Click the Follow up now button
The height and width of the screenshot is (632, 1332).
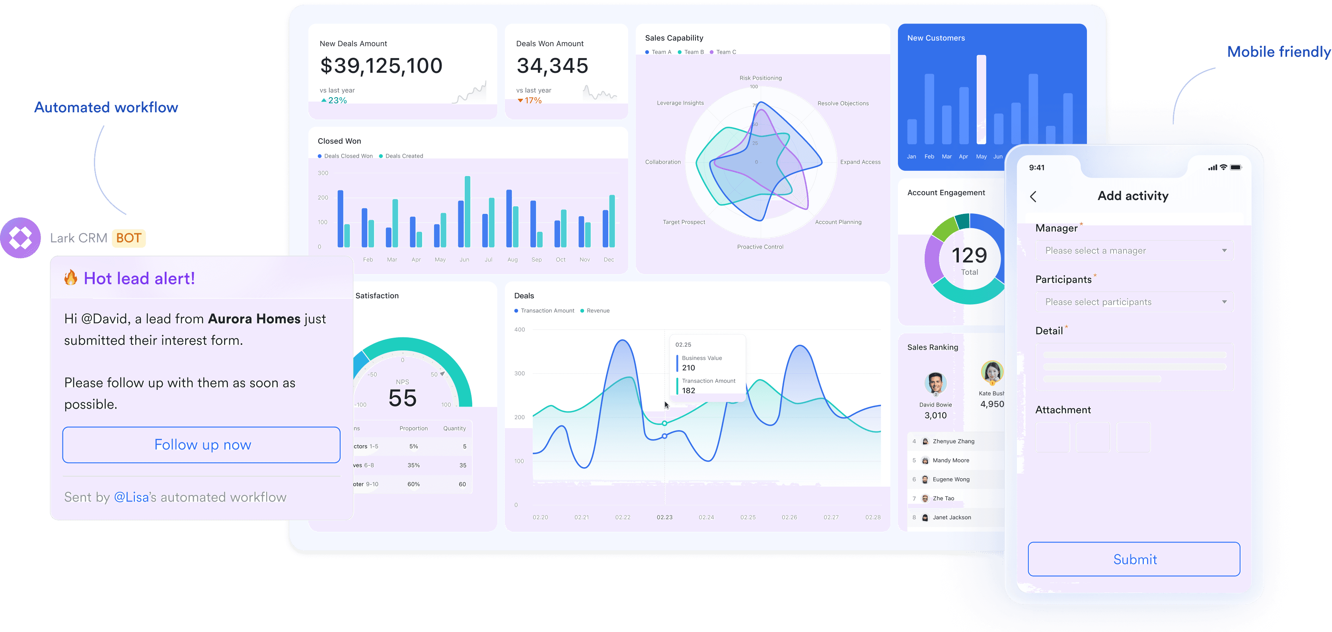pos(202,444)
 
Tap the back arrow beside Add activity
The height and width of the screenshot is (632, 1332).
pos(1033,197)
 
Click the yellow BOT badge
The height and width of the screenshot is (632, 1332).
pos(129,238)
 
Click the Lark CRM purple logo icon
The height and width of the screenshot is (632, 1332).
pos(21,238)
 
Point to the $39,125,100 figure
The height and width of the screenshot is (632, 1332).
pos(381,66)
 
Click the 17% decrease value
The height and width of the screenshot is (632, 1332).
pos(533,100)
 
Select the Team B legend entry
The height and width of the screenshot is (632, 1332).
pos(691,52)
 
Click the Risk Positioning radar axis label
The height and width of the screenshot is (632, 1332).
pos(760,78)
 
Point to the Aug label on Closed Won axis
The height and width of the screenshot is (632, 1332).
pos(512,260)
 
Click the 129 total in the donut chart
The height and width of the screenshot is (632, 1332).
pos(969,256)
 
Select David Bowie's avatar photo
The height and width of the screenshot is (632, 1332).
pos(935,384)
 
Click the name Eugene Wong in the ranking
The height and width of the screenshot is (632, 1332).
pos(950,479)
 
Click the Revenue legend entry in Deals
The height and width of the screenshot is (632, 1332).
pos(597,311)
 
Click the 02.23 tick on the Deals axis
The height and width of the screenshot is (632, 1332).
pos(664,517)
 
